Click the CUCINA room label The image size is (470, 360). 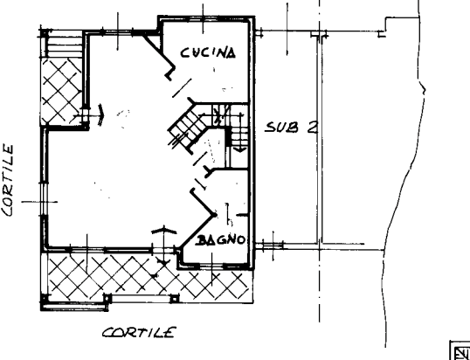click(208, 52)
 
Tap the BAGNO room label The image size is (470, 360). click(221, 239)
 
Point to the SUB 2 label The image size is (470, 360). click(291, 128)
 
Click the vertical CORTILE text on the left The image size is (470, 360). click(8, 181)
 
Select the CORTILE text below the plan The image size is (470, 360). click(139, 332)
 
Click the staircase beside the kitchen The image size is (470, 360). click(210, 128)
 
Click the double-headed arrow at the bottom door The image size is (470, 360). click(164, 246)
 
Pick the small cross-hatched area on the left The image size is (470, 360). click(61, 92)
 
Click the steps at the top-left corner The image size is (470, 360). click(65, 44)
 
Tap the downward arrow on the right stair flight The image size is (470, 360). click(240, 134)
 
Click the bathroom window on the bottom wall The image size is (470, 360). click(211, 266)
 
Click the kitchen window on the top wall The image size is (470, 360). click(204, 19)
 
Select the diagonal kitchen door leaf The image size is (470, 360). click(182, 88)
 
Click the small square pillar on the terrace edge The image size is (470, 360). click(175, 299)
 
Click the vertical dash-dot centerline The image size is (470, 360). click(319, 162)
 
